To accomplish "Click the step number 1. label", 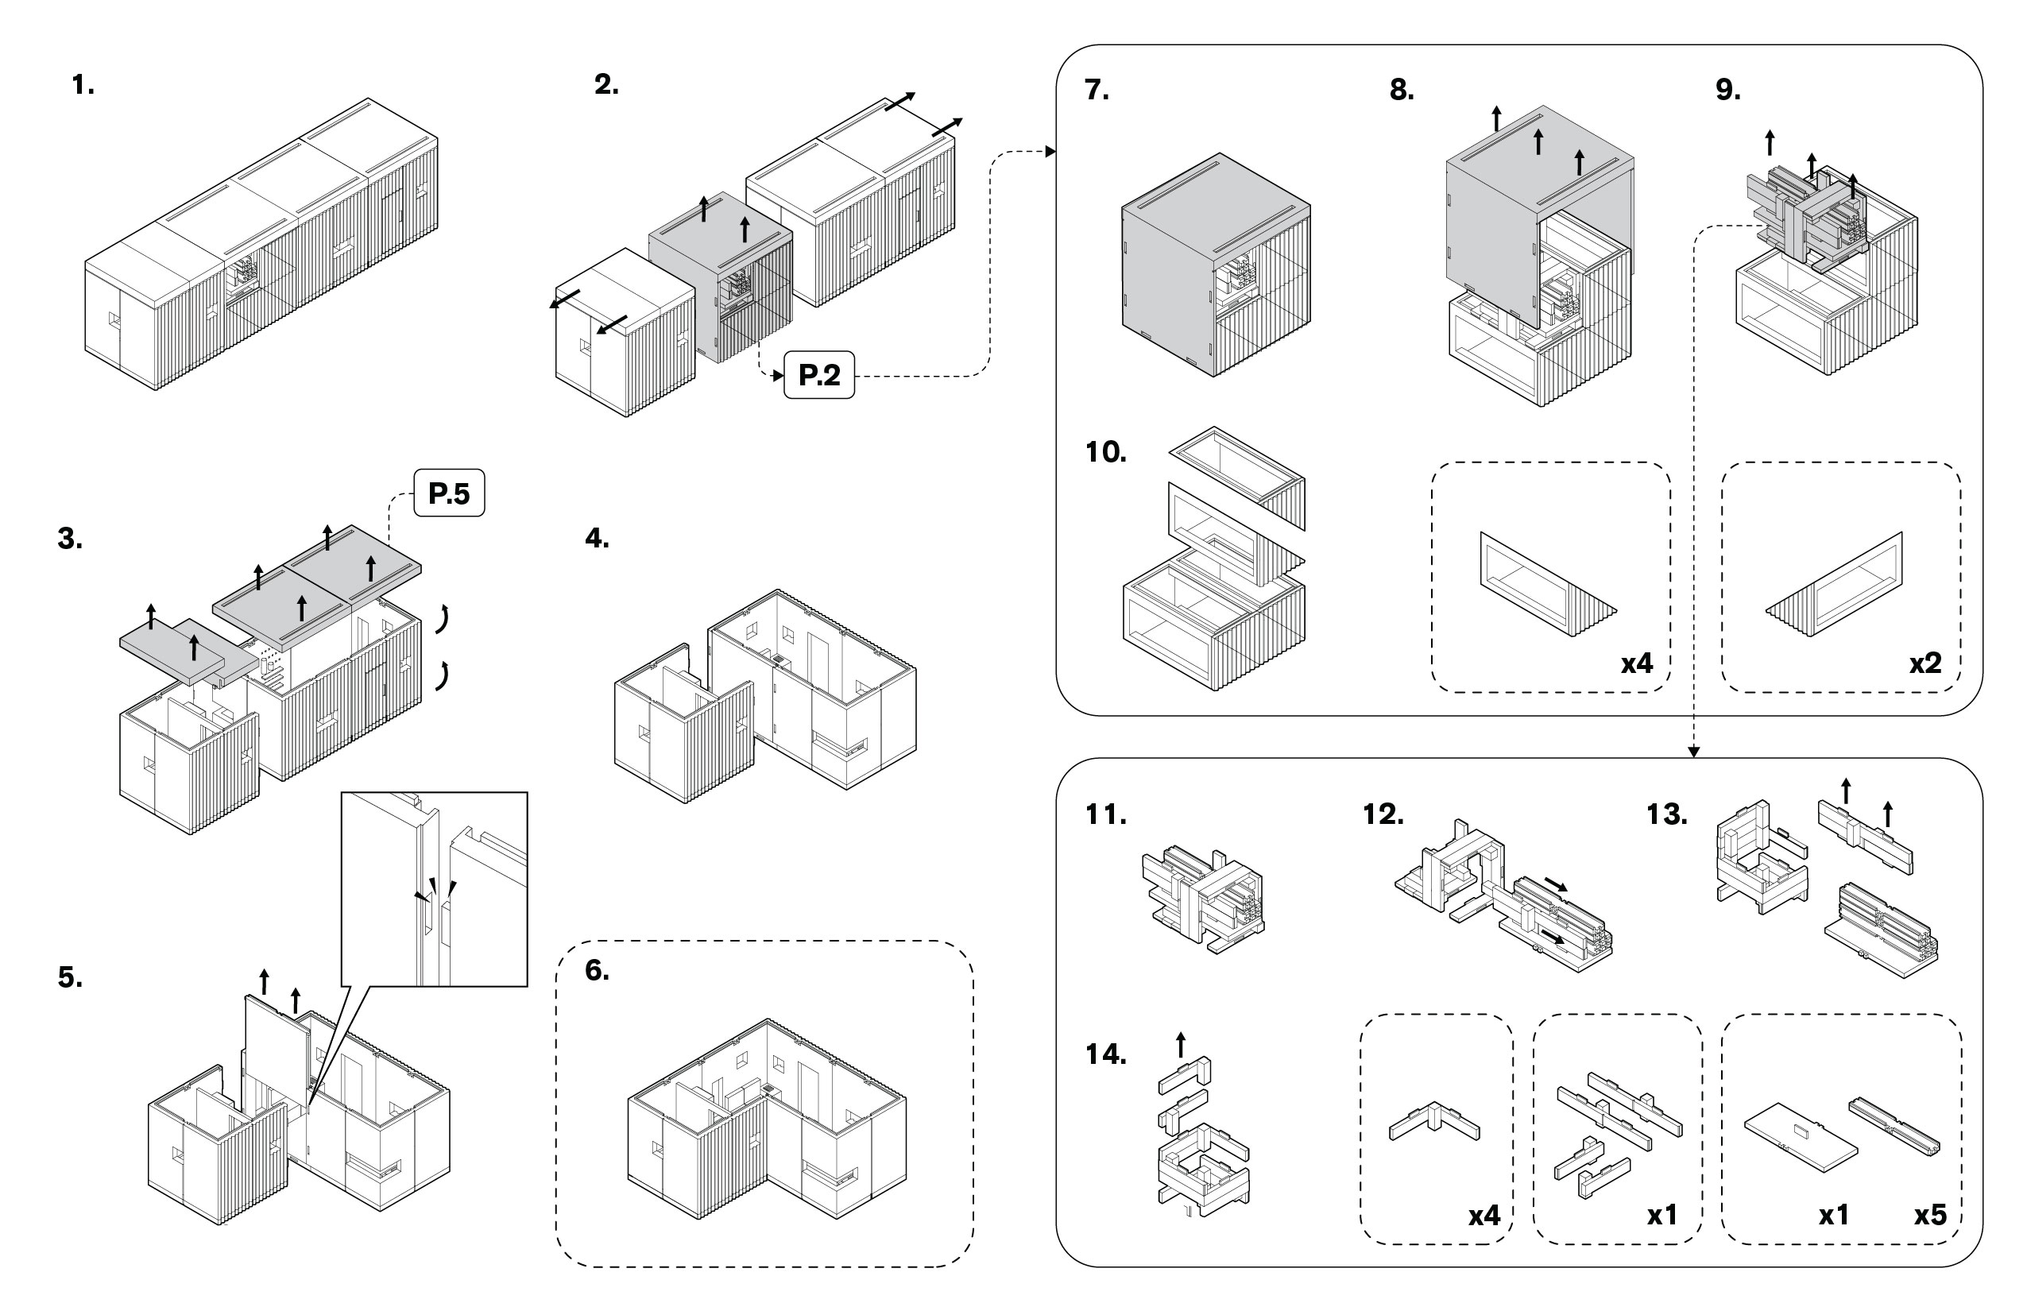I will click(x=83, y=85).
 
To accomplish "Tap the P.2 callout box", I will click(x=819, y=374).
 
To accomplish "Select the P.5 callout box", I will click(x=449, y=493).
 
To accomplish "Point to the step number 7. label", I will click(x=1097, y=91).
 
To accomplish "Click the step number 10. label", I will click(x=1105, y=452).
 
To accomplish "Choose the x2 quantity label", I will click(x=1924, y=663).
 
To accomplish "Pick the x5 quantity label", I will click(x=1930, y=1215).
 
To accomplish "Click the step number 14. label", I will click(x=1105, y=1055).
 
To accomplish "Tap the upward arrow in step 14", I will click(x=1180, y=1044).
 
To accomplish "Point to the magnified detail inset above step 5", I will click(x=434, y=889).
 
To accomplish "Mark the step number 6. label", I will click(x=597, y=970).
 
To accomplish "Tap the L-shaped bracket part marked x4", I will click(x=1434, y=1122).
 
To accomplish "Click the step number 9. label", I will click(x=1728, y=91).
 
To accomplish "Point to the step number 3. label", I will click(x=70, y=539).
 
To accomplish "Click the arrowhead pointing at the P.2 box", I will click(x=777, y=375).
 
